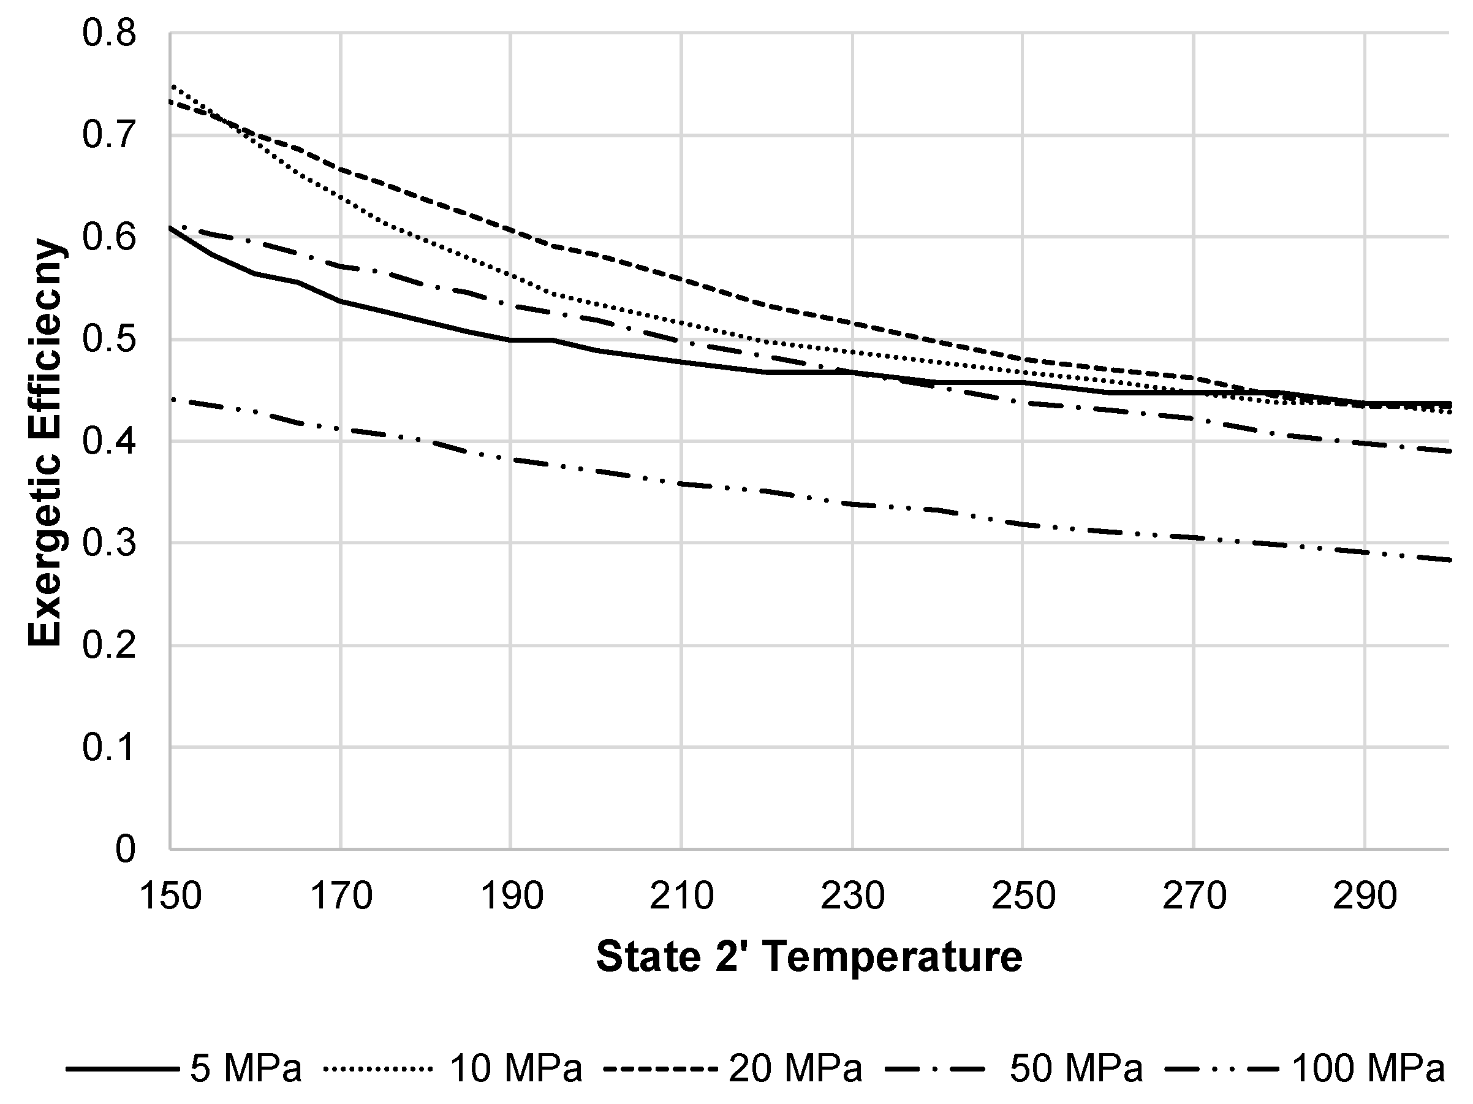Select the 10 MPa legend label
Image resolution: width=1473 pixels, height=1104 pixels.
[x=516, y=1068]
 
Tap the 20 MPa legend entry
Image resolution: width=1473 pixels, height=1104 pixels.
[x=795, y=1068]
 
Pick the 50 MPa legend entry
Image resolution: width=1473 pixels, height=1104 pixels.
[x=1075, y=1068]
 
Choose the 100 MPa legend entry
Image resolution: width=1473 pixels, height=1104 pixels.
[x=1368, y=1068]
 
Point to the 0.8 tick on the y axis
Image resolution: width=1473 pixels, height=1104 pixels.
[x=109, y=32]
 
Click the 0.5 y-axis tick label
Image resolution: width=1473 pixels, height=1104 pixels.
[x=109, y=339]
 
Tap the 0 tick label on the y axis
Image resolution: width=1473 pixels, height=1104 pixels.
[x=125, y=850]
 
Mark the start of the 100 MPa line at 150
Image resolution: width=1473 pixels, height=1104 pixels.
[x=171, y=398]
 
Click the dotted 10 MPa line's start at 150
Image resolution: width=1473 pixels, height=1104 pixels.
[x=171, y=85]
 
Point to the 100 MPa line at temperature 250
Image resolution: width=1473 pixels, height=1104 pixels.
[x=1023, y=524]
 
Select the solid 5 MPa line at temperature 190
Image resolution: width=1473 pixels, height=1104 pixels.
[x=511, y=340]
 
